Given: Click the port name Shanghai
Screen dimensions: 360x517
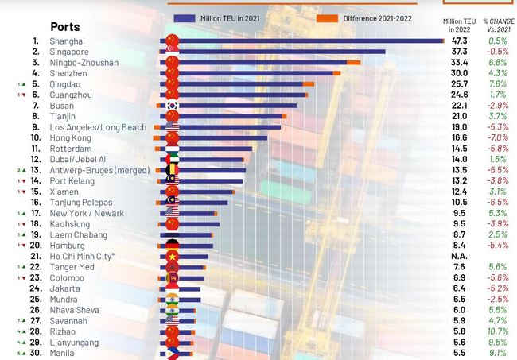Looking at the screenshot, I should click(67, 41).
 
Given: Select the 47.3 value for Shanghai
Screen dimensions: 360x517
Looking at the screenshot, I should click(459, 41).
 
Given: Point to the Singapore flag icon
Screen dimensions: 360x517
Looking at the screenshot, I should click(172, 52).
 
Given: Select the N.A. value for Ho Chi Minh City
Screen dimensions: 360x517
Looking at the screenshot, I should click(459, 257).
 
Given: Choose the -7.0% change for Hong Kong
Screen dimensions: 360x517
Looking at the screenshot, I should click(498, 137).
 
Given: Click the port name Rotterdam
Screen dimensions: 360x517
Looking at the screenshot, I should click(71, 149).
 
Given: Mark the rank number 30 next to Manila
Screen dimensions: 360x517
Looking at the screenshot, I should click(35, 350).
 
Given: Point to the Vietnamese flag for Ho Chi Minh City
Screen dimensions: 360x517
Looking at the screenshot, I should click(172, 257).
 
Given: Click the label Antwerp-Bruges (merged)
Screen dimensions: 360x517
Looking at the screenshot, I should click(94, 170).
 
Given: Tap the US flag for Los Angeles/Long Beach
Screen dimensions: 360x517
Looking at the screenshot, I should click(172, 127).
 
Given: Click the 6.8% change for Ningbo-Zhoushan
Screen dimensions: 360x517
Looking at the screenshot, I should click(498, 62).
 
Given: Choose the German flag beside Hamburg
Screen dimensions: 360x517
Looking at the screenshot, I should click(172, 246).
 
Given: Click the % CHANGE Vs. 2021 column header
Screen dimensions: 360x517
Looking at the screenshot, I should click(498, 23).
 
